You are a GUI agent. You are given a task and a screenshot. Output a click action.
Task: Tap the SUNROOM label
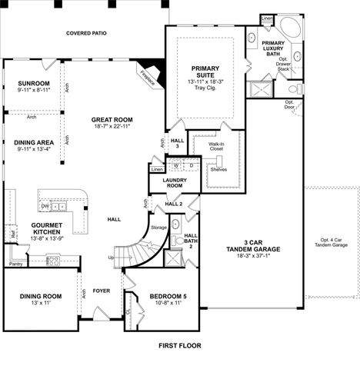pyautogui.click(x=34, y=83)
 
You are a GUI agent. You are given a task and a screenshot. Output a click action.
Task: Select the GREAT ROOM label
pyautogui.click(x=112, y=120)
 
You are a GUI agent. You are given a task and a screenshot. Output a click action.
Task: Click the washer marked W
pyautogui.click(x=175, y=165)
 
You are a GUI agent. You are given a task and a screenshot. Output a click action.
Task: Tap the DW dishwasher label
pyautogui.click(x=45, y=206)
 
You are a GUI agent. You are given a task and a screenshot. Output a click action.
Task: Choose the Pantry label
pyautogui.click(x=15, y=264)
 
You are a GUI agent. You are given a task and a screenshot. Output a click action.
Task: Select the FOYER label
pyautogui.click(x=102, y=291)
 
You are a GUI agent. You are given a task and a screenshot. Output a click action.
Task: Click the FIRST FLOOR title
pyautogui.click(x=179, y=345)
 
